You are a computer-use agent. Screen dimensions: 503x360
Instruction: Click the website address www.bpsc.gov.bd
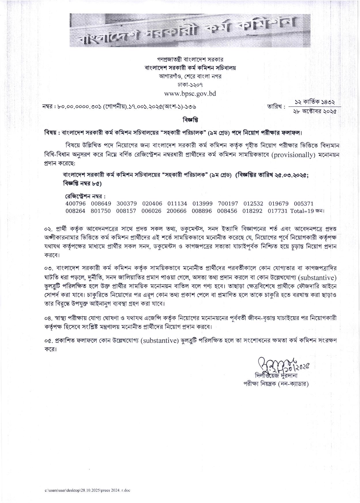pyautogui.click(x=190, y=93)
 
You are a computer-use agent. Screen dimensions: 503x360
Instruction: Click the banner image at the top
pyautogui.click(x=190, y=30)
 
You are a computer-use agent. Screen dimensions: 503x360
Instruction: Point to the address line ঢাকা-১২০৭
pyautogui.click(x=190, y=85)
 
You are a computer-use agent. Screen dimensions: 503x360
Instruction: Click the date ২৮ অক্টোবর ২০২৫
pyautogui.click(x=314, y=112)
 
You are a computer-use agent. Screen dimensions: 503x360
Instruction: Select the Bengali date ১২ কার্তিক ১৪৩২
pyautogui.click(x=315, y=102)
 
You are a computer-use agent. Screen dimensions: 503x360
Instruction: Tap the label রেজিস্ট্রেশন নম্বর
pyautogui.click(x=85, y=196)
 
